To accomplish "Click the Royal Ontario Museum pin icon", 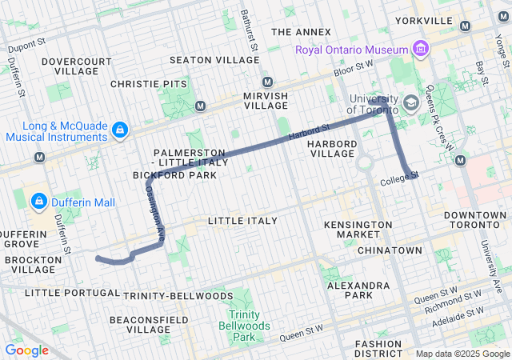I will (x=419, y=50).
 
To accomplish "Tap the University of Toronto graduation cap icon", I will (x=410, y=103).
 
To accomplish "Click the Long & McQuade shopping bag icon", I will (x=119, y=129).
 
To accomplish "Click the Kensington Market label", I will (x=353, y=230).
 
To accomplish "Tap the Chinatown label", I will (x=390, y=250).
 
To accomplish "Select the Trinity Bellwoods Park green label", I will (x=243, y=326).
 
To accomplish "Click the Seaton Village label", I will (x=204, y=60).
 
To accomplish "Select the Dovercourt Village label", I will (x=77, y=66).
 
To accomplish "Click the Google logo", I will (x=26, y=350).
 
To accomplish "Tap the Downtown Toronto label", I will (x=475, y=221).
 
